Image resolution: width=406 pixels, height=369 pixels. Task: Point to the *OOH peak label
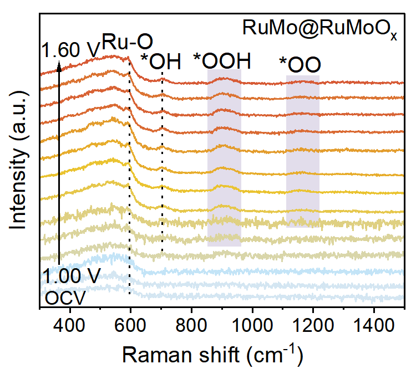222,60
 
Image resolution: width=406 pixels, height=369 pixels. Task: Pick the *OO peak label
301,65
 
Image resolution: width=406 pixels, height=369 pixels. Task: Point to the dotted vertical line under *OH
162,166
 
